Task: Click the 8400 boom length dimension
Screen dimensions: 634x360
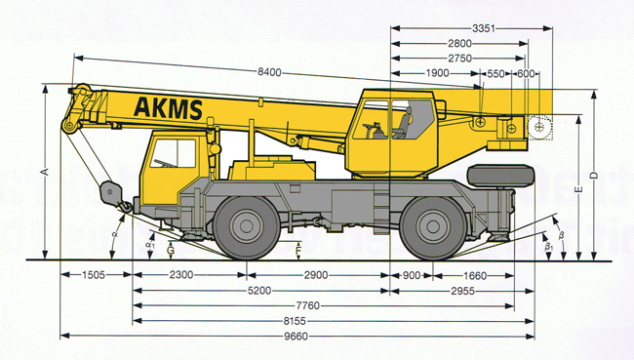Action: click(x=269, y=72)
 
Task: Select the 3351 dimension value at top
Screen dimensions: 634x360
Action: click(x=483, y=28)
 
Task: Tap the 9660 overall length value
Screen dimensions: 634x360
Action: click(x=296, y=337)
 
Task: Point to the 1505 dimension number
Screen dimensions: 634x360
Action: click(x=94, y=275)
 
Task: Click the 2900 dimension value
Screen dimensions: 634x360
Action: click(x=316, y=275)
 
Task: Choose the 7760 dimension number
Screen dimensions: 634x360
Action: click(x=307, y=305)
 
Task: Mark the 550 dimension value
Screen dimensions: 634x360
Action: click(x=495, y=73)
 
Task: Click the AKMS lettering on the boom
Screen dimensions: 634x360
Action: click(x=168, y=108)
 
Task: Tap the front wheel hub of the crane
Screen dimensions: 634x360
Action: click(x=246, y=226)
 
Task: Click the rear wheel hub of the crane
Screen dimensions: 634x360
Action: click(x=433, y=226)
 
